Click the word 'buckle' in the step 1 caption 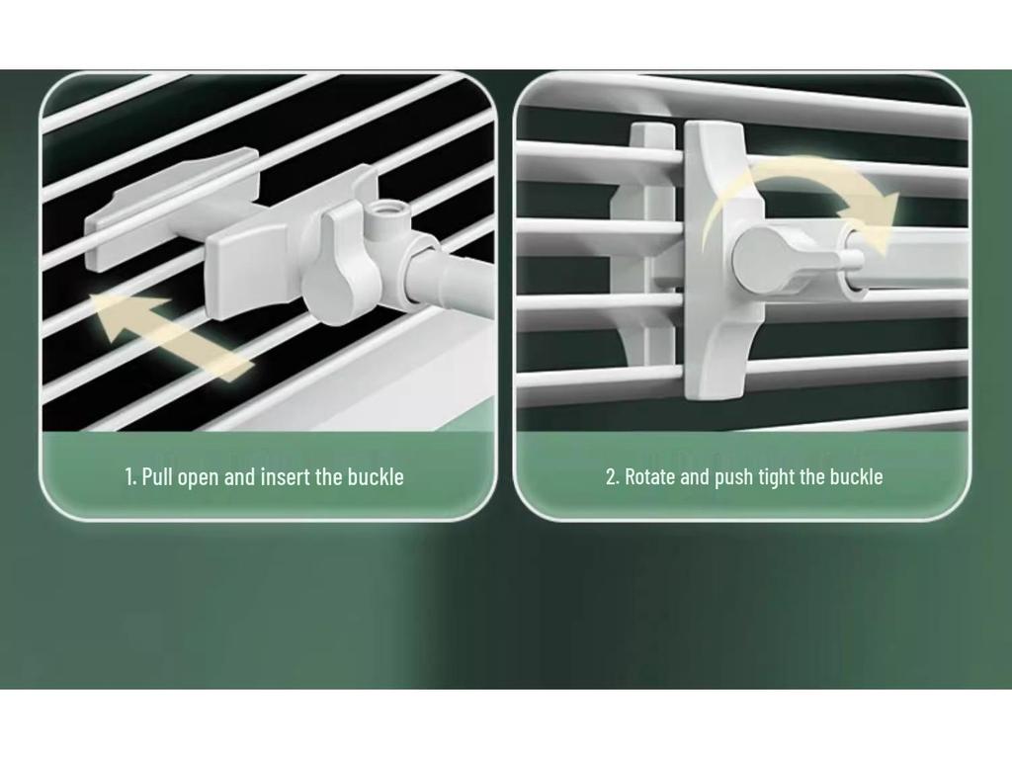coord(375,477)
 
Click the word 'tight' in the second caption coord(776,477)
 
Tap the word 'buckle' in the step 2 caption coord(856,477)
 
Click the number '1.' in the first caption coord(130,477)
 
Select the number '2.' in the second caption coord(612,477)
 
